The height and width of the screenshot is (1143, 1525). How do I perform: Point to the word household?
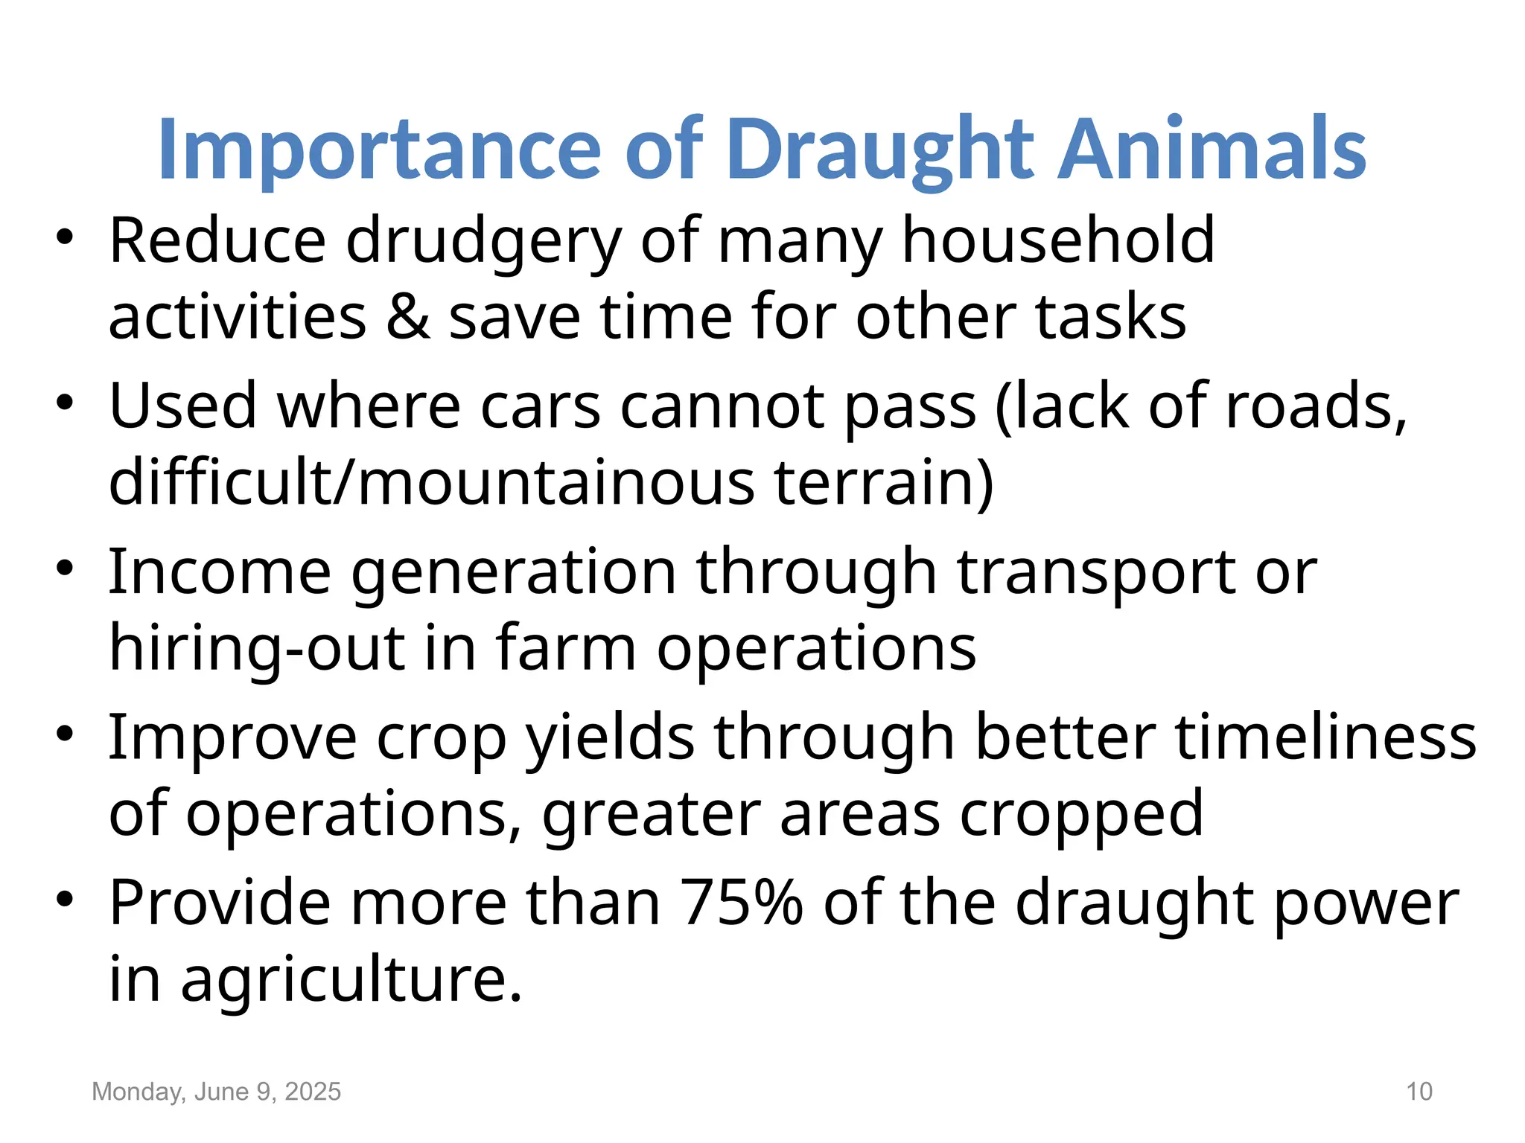(x=1057, y=240)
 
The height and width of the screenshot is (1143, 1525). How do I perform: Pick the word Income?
(x=220, y=572)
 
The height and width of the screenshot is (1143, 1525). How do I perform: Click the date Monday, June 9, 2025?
(x=216, y=1092)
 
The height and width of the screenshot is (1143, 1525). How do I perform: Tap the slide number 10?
(x=1419, y=1092)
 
